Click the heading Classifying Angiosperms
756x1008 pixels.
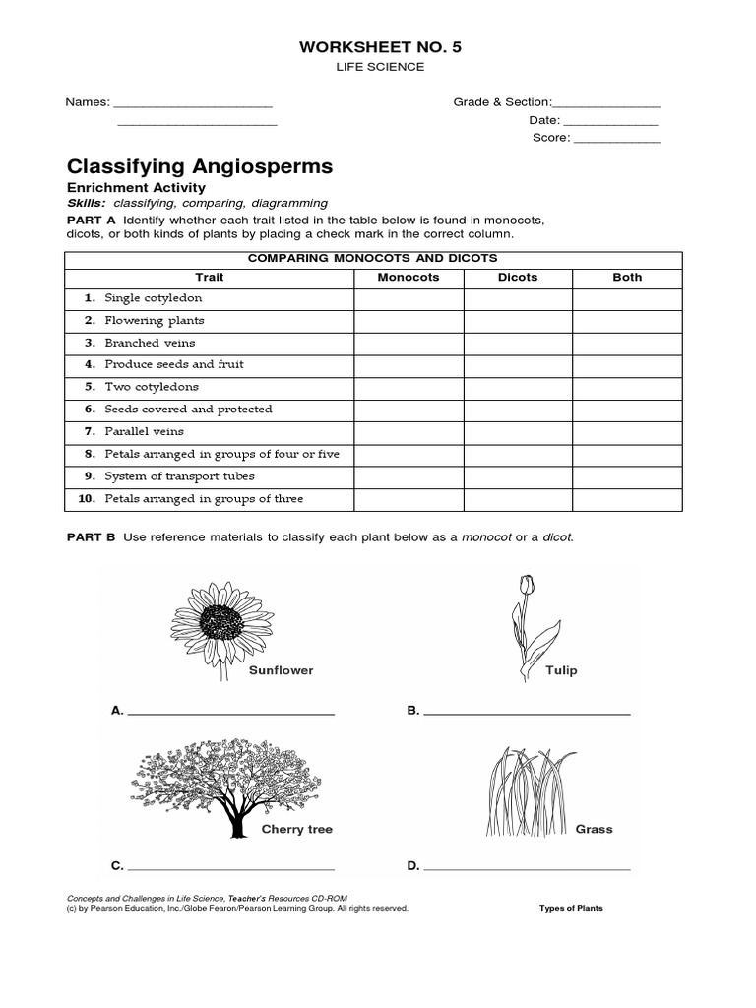point(199,166)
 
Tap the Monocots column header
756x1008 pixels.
point(409,278)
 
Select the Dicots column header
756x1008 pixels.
point(518,278)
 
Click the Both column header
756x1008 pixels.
point(627,278)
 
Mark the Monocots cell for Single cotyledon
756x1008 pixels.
point(409,299)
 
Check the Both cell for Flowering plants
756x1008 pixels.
point(627,321)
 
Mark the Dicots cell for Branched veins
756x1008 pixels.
point(518,344)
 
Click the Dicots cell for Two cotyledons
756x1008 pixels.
point(518,388)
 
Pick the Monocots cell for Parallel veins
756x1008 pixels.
point(409,432)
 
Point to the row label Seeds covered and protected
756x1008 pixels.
point(188,409)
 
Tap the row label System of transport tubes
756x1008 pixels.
point(179,476)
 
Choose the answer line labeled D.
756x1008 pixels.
point(527,868)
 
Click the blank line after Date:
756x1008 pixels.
point(610,121)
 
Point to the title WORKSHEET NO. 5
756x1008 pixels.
point(378,45)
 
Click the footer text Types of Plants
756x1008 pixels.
point(571,909)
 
